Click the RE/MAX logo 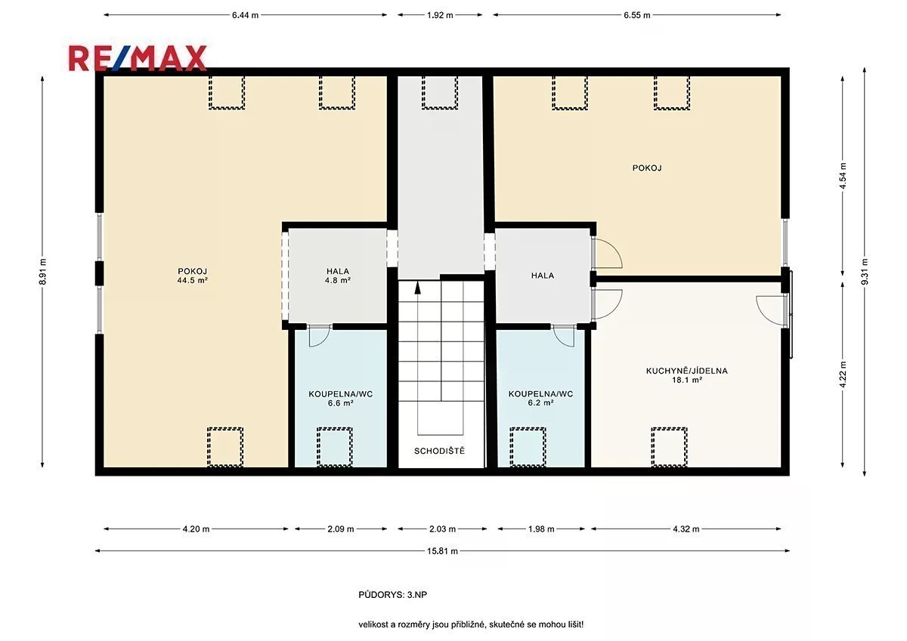pos(138,59)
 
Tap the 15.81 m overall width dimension pos(442,551)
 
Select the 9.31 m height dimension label pos(865,271)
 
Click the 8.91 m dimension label pos(42,271)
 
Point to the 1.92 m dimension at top pos(440,15)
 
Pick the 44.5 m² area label pos(192,280)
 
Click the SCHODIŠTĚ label pos(439,451)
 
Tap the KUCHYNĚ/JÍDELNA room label pos(687,371)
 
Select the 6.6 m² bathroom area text pos(341,403)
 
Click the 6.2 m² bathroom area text pos(540,403)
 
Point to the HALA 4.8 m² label pos(338,276)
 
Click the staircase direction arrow pos(417,287)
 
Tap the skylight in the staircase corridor pos(440,93)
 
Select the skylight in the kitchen pos(670,447)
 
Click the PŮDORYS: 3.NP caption pos(393,594)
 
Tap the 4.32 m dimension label pos(686,529)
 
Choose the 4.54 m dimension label pos(843,176)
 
